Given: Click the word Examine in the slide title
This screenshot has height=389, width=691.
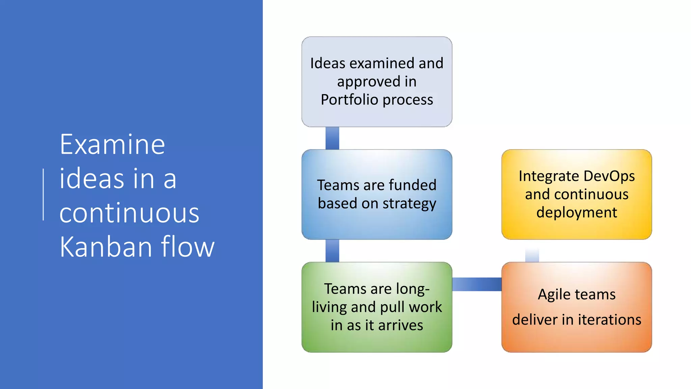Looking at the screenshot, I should click(112, 145).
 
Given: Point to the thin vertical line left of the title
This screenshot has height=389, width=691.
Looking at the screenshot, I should click(44, 194).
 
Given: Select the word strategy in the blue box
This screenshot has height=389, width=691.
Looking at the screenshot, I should click(409, 204).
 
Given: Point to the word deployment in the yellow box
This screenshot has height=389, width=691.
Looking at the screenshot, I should click(577, 213).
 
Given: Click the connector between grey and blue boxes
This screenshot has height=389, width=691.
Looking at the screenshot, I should click(332, 138).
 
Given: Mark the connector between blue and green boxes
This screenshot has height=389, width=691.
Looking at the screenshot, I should click(332, 251).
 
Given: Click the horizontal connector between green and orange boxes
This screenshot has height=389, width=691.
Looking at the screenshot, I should click(477, 284).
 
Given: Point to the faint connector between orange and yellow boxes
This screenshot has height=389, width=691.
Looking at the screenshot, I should click(532, 254).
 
